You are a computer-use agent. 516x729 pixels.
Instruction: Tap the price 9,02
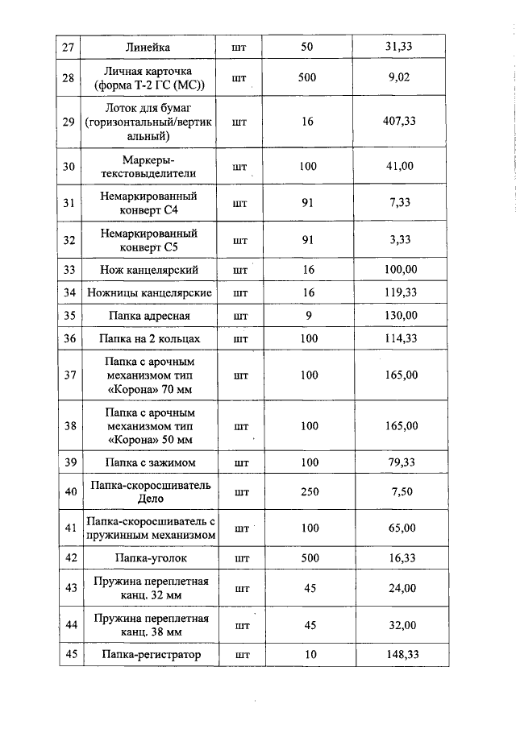tap(399, 79)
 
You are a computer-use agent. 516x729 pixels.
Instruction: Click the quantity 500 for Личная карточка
tap(307, 79)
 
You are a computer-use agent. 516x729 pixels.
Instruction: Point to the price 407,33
tap(399, 122)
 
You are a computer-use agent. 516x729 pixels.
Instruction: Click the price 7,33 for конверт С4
tap(399, 203)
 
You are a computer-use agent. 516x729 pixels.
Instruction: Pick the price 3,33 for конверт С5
tap(399, 240)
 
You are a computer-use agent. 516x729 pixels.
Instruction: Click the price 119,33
tap(399, 292)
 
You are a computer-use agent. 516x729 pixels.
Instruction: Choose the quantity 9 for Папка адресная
tap(307, 315)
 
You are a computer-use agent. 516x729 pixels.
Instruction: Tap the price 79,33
tap(399, 462)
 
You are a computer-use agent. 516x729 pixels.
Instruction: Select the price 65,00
tap(399, 528)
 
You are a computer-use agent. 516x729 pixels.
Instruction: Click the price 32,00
tap(399, 625)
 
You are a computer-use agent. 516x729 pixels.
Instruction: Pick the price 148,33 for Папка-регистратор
tap(399, 655)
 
